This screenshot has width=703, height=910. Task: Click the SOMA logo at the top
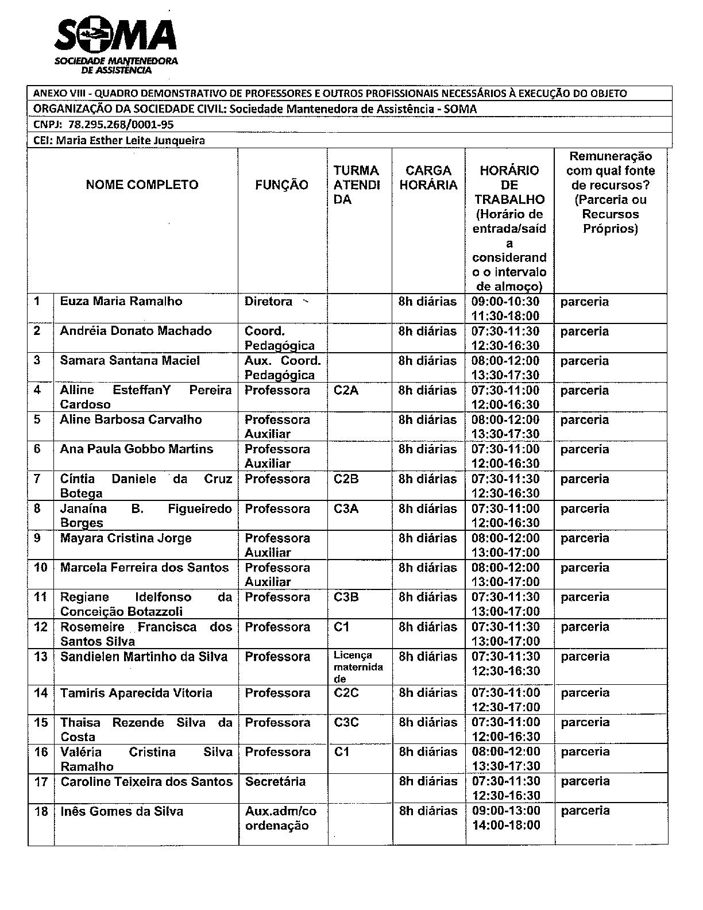pyautogui.click(x=115, y=46)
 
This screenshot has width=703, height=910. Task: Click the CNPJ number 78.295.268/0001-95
pyautogui.click(x=121, y=124)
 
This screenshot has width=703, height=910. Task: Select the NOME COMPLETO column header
pyautogui.click(x=142, y=185)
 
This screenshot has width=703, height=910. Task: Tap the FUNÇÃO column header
pyautogui.click(x=281, y=185)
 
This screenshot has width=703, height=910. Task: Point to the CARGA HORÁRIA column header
pyautogui.click(x=428, y=178)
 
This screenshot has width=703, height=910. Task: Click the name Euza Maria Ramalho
pyautogui.click(x=121, y=302)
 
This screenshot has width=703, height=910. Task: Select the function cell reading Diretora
pyautogui.click(x=268, y=302)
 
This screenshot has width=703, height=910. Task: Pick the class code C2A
pyautogui.click(x=346, y=390)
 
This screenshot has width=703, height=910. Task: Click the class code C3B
pyautogui.click(x=346, y=597)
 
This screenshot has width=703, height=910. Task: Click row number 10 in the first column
pyautogui.click(x=40, y=568)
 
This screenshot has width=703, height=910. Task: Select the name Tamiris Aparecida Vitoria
pyautogui.click(x=136, y=693)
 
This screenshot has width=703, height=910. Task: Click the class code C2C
pyautogui.click(x=346, y=693)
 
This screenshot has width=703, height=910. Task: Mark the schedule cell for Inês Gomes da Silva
pyautogui.click(x=506, y=818)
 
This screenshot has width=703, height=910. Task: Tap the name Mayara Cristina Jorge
pyautogui.click(x=126, y=538)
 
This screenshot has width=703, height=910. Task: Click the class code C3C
pyautogui.click(x=346, y=722)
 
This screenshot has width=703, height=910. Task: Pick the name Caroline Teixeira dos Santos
pyautogui.click(x=146, y=781)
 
